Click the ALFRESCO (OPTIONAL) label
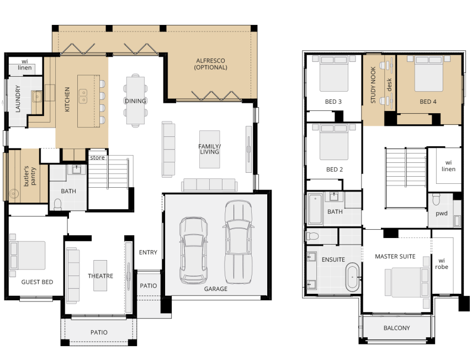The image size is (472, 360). click(210, 64)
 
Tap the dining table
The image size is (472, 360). click(135, 100)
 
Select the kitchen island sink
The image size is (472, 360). click(83, 96)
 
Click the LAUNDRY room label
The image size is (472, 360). click(18, 99)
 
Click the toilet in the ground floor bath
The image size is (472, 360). click(57, 204)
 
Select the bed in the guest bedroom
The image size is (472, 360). click(28, 255)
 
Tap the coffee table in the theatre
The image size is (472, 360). click(100, 276)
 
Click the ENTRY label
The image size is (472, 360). click(148, 252)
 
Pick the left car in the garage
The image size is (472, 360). click(194, 251)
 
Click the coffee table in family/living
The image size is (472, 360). click(210, 149)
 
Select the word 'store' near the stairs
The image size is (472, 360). click(98, 157)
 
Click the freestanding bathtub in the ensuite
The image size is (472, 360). click(352, 277)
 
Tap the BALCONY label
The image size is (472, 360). click(397, 328)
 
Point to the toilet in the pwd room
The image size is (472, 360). click(436, 199)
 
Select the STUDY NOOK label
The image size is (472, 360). click(373, 85)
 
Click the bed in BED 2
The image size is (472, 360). click(334, 142)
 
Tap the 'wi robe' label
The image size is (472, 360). click(442, 264)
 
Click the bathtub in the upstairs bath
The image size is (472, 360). click(315, 209)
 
